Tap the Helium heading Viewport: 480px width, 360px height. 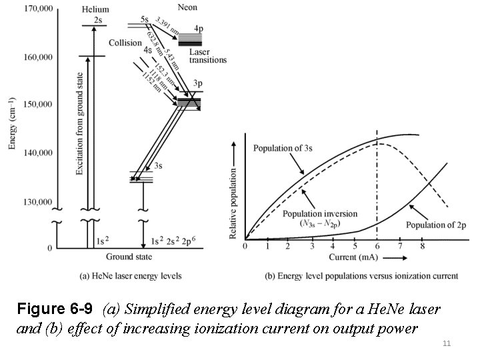[x=95, y=9]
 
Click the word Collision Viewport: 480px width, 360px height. [x=125, y=43]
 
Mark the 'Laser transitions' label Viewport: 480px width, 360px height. [x=207, y=55]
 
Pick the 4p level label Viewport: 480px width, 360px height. [x=199, y=29]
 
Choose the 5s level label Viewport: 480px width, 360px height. [x=144, y=19]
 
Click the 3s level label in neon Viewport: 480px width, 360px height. [x=157, y=165]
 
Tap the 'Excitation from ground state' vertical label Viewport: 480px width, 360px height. [x=79, y=123]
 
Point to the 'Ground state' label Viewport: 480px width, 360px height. [x=129, y=257]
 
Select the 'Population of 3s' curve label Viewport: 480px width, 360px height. [x=283, y=147]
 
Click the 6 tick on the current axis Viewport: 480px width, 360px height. [x=378, y=247]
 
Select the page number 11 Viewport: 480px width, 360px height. [x=447, y=343]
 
